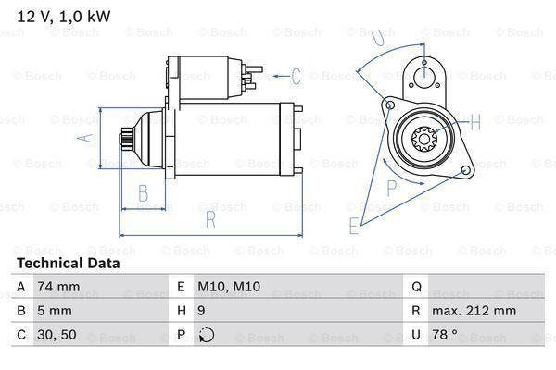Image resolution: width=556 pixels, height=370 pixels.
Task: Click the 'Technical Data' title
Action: (69, 263)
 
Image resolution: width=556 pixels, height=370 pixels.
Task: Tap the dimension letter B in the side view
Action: (144, 193)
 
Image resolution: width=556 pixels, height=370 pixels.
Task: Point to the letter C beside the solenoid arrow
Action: (296, 76)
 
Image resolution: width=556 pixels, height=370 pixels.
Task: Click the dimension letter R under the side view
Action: (210, 220)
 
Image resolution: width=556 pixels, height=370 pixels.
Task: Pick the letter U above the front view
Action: (375, 38)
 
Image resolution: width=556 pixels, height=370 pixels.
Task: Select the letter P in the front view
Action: (392, 186)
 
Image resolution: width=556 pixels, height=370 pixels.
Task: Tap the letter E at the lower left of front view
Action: (354, 224)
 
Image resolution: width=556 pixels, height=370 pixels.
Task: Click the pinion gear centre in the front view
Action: (425, 140)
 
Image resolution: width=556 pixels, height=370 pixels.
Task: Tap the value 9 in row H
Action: (201, 311)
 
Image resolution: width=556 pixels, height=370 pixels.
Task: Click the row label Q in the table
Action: (415, 287)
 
